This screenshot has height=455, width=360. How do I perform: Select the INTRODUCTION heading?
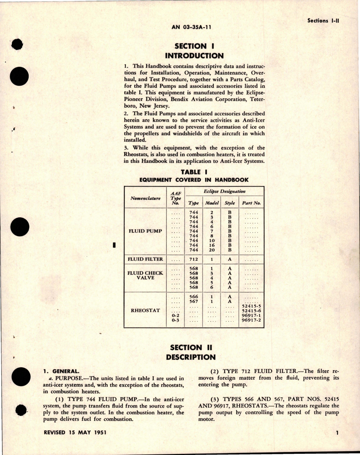tap(194, 56)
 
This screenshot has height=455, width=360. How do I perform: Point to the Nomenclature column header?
tap(145, 198)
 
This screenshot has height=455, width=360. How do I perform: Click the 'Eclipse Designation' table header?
tap(224, 191)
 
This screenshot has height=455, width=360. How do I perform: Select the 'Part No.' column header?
tap(251, 203)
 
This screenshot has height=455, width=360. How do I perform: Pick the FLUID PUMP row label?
tap(145, 231)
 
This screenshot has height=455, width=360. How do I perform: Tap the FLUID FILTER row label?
tap(145, 259)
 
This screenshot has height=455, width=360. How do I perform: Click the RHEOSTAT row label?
tap(145, 310)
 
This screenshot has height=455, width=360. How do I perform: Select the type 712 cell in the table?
tap(194, 259)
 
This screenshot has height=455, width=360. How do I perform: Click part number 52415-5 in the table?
tap(251, 306)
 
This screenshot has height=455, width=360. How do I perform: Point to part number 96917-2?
tap(251, 320)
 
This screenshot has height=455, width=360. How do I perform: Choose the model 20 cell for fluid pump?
tap(212, 250)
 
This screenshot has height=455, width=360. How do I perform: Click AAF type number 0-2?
tap(176, 315)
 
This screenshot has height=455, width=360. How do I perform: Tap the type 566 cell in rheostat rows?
tap(194, 297)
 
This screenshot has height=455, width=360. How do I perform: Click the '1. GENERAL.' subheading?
tap(61, 371)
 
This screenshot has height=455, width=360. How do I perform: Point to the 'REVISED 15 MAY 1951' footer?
tap(75, 432)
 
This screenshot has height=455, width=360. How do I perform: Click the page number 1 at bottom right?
tap(337, 433)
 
